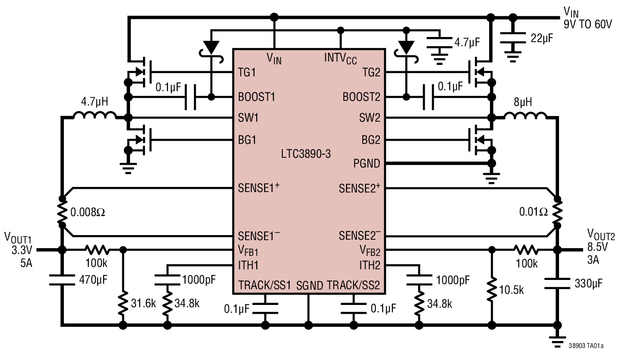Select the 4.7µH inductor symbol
(94, 116)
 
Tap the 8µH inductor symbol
(525, 116)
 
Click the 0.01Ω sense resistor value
(533, 212)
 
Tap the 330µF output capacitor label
(588, 283)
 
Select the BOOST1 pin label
(256, 97)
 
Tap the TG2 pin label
(371, 73)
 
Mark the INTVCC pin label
(340, 58)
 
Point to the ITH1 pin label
(248, 265)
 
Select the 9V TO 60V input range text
(587, 24)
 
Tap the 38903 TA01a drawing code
(586, 346)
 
